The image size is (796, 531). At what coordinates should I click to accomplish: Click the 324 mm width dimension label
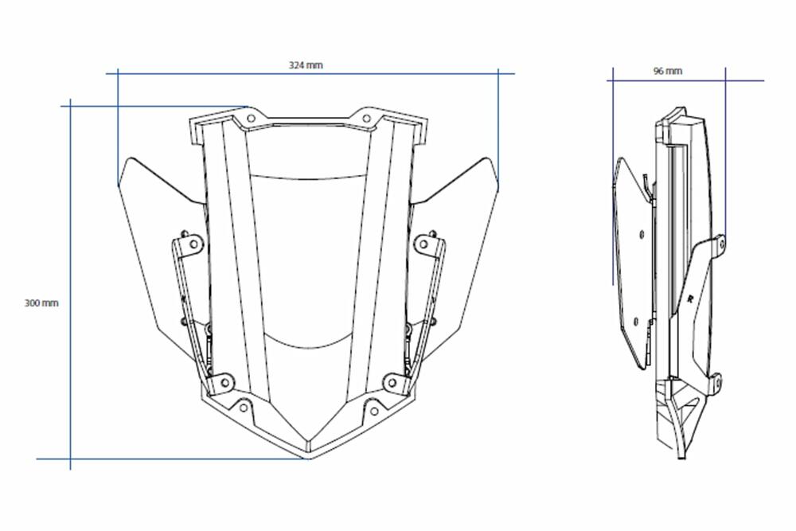tap(306, 65)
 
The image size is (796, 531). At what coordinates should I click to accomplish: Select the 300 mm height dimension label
tap(41, 303)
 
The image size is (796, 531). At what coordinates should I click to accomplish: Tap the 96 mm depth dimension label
tap(667, 71)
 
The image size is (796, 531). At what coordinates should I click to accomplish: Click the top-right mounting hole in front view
tap(366, 119)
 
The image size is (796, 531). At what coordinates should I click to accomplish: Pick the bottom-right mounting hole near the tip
tap(372, 412)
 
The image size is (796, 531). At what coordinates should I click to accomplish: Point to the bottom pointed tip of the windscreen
tap(309, 458)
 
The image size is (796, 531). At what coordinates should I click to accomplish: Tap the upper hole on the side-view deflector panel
tap(641, 234)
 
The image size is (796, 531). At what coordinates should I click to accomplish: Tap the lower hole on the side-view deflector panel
tap(636, 320)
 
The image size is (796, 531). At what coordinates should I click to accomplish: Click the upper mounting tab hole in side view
tap(721, 240)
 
